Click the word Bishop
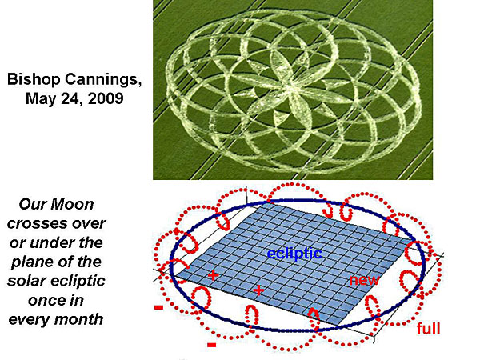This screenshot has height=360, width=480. [x=34, y=79]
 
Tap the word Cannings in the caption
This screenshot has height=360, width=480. [x=103, y=79]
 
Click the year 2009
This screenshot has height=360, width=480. [x=106, y=98]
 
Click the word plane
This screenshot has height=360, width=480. [x=30, y=262]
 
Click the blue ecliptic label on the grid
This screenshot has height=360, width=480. [x=294, y=254]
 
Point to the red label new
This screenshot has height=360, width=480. [x=364, y=280]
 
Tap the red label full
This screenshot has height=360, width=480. [x=428, y=329]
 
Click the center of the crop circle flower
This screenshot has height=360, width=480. [x=290, y=86]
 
